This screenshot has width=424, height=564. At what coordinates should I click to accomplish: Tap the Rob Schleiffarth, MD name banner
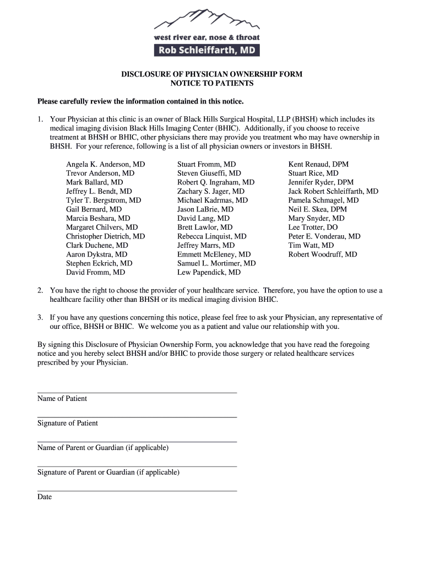(x=207, y=51)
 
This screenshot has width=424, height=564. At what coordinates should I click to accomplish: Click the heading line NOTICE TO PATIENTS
(x=212, y=83)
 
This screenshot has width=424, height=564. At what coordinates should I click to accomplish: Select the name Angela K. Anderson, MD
(x=106, y=164)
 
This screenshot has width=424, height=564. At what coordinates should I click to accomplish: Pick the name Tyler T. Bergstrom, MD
(x=104, y=200)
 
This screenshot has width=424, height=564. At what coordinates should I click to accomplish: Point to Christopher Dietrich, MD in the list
(x=106, y=236)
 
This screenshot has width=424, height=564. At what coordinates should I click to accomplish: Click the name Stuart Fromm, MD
(x=206, y=164)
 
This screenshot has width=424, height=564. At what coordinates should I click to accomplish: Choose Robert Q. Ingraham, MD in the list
(x=216, y=182)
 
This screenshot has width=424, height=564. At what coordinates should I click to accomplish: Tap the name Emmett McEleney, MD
(x=214, y=254)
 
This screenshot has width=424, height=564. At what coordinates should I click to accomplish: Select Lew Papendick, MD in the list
(x=209, y=272)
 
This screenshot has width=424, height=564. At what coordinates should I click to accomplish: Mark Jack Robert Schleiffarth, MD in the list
(x=333, y=191)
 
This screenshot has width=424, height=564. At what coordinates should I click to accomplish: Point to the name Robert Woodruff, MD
(x=323, y=254)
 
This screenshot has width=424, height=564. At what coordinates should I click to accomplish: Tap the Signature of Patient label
(x=68, y=423)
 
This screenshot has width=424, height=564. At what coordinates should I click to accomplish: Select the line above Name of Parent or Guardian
(x=137, y=442)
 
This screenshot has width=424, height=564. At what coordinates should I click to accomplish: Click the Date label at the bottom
(x=45, y=497)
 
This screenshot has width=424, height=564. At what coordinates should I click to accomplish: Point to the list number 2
(x=40, y=290)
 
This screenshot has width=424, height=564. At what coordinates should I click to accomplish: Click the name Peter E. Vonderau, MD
(x=324, y=236)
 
